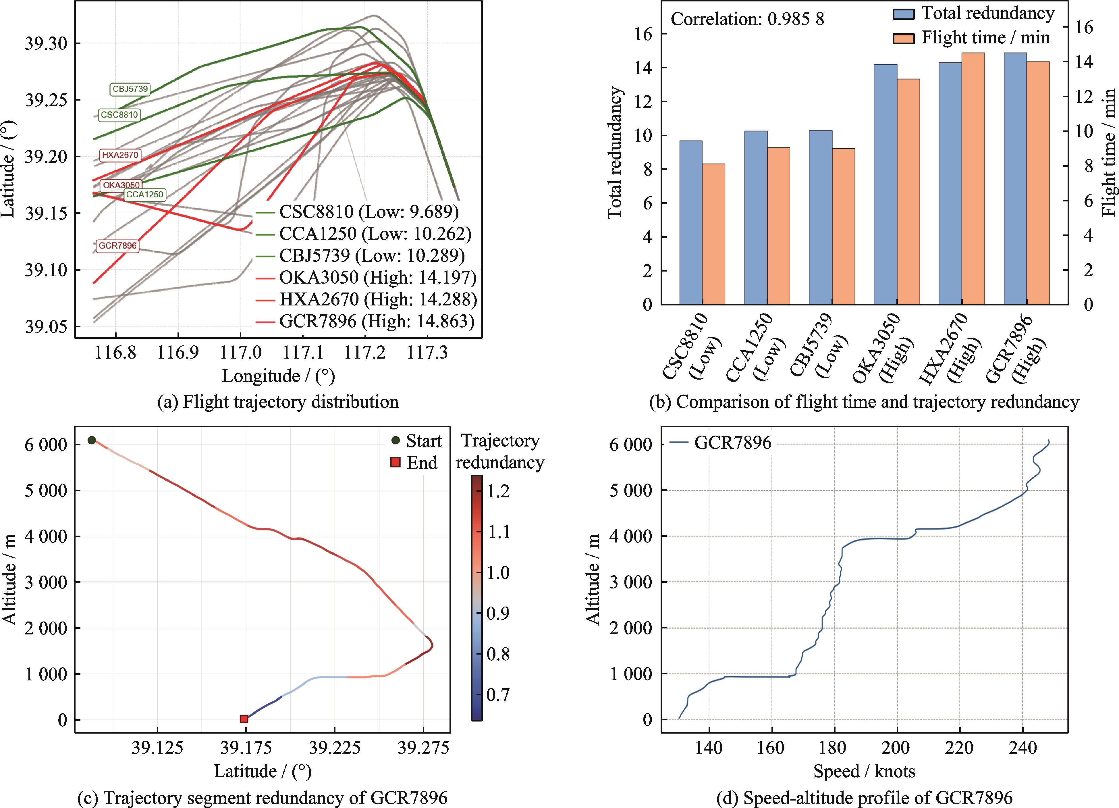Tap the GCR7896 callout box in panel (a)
pyautogui.click(x=117, y=246)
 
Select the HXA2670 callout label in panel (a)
pyautogui.click(x=120, y=155)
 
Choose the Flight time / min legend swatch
pyautogui.click(x=904, y=38)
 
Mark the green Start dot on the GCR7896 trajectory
pyautogui.click(x=92, y=440)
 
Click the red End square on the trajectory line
pyautogui.click(x=244, y=719)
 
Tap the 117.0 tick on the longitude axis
pyautogui.click(x=240, y=352)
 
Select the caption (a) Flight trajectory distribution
pyautogui.click(x=278, y=402)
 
